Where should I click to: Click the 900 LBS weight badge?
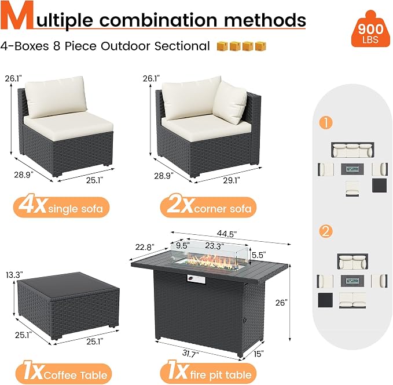click(x=370, y=29)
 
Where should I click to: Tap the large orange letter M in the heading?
click(x=17, y=16)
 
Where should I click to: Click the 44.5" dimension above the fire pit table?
click(x=227, y=234)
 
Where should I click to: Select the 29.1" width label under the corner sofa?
click(x=232, y=180)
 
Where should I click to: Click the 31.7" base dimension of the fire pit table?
click(x=190, y=354)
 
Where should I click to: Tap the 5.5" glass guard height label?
click(x=259, y=255)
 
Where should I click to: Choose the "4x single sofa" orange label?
click(x=61, y=208)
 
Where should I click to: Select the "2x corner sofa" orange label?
click(x=208, y=208)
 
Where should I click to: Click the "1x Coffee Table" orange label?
click(x=64, y=374)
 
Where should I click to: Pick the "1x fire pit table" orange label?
click(x=208, y=374)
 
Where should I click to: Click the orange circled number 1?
click(x=326, y=122)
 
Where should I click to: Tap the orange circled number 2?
click(x=326, y=231)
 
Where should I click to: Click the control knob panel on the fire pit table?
click(x=196, y=279)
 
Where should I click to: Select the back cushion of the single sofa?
click(x=56, y=97)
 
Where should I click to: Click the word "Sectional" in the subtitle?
click(x=182, y=46)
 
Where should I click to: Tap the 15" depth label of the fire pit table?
click(x=259, y=354)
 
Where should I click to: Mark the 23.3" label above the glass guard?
click(x=215, y=246)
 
